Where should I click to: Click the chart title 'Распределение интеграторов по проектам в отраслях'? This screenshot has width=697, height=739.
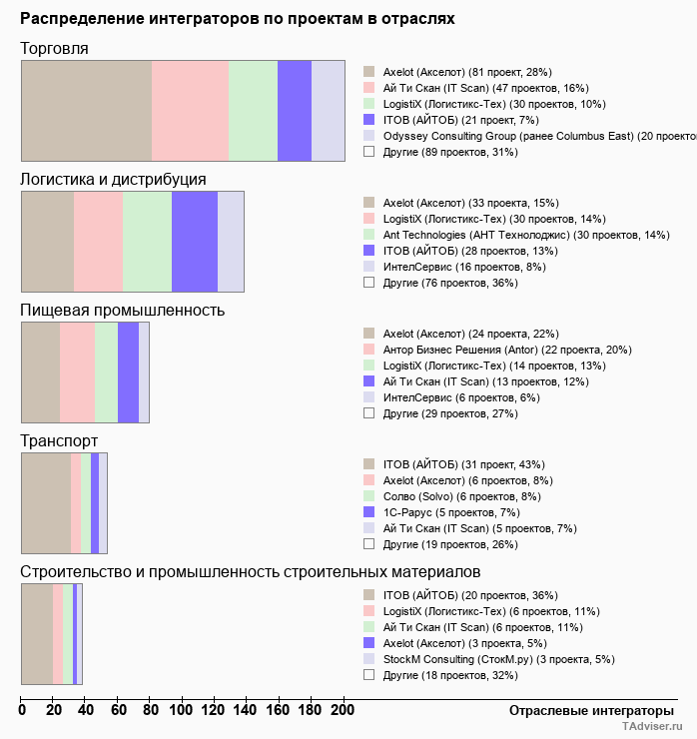click(238, 19)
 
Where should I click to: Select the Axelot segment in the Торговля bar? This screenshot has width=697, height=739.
click(86, 110)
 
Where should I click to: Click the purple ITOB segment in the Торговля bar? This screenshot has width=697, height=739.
click(295, 110)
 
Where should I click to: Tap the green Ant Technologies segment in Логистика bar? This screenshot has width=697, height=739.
click(147, 241)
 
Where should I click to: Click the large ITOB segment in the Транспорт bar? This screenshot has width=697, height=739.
click(46, 502)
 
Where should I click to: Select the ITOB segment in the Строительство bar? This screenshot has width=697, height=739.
click(37, 633)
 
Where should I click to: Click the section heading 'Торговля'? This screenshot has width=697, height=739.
click(54, 48)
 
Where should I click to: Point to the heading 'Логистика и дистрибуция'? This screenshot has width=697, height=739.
click(113, 179)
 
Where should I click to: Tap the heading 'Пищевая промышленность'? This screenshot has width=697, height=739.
click(122, 310)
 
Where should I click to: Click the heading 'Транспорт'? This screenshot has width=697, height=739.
click(59, 440)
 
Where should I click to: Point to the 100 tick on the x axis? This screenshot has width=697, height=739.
click(182, 710)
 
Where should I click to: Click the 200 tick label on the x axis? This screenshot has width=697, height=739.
click(343, 710)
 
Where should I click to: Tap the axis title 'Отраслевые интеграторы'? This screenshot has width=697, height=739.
click(585, 710)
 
